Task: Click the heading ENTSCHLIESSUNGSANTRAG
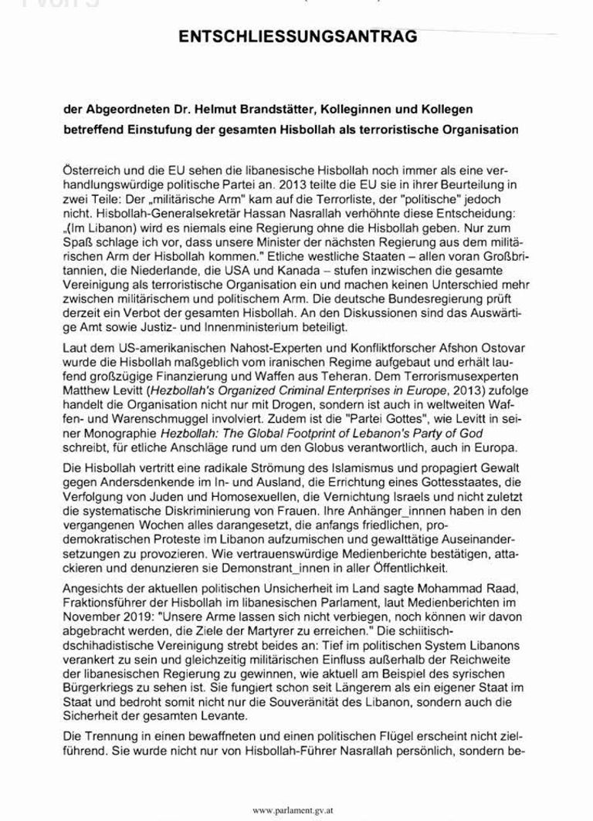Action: (x=296, y=36)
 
